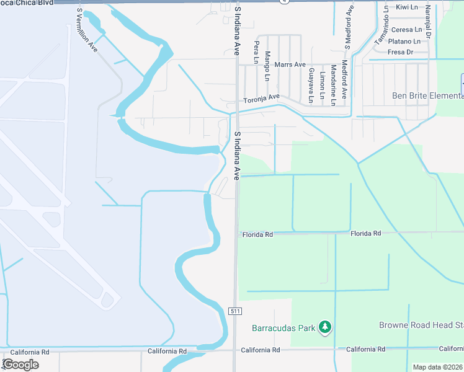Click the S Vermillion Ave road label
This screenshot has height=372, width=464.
(x=86, y=30)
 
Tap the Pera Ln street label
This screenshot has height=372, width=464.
(x=256, y=49)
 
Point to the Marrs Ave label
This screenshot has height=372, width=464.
(x=291, y=64)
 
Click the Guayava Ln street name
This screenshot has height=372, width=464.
(x=310, y=85)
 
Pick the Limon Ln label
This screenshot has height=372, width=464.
(x=322, y=86)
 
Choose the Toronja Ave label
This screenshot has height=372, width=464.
(x=262, y=98)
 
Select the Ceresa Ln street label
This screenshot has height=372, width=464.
(x=406, y=30)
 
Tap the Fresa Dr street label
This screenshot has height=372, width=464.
(x=400, y=52)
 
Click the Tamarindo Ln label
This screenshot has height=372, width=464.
(x=382, y=26)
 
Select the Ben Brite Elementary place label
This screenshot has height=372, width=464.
(x=428, y=95)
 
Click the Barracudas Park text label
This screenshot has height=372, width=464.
(x=283, y=327)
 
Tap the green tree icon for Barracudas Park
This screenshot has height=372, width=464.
(x=324, y=327)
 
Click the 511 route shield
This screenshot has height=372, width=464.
(x=234, y=310)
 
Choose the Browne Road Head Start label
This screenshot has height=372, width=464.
(x=421, y=325)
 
